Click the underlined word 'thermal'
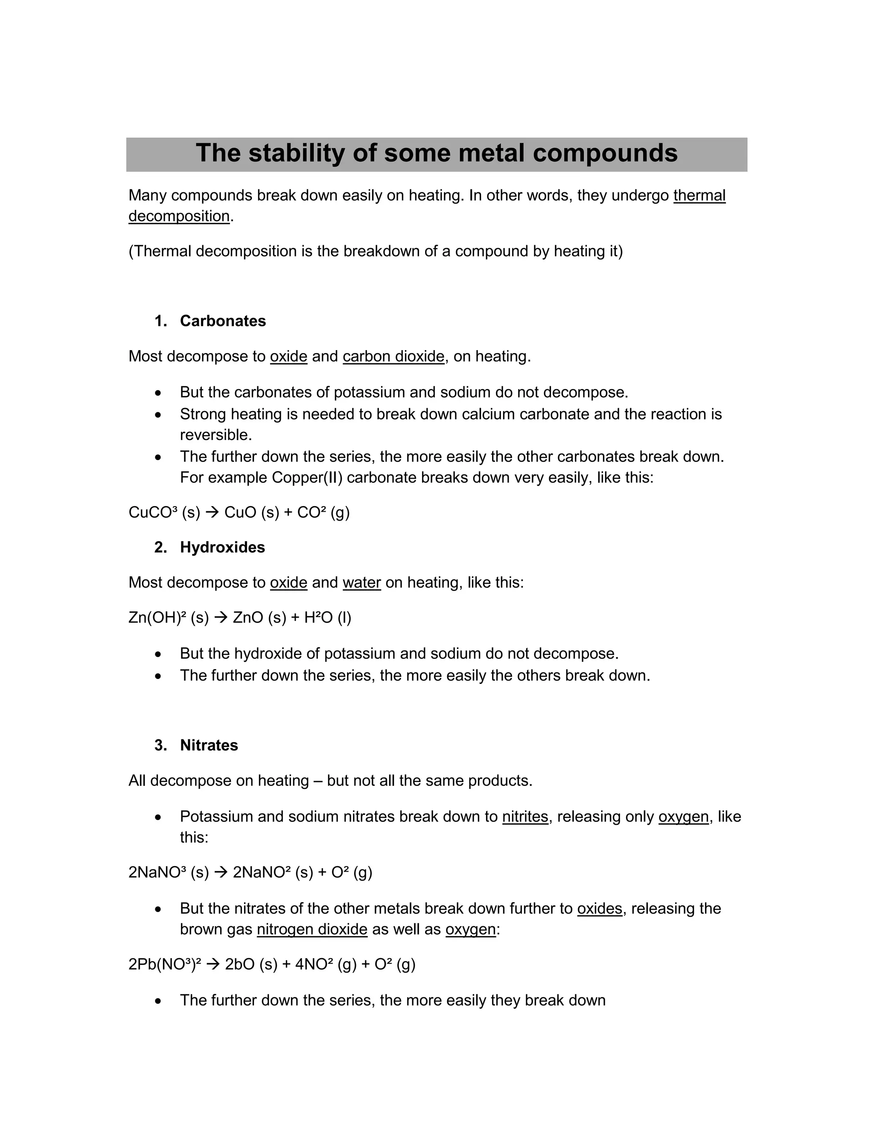pyautogui.click(x=699, y=196)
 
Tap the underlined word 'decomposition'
pyautogui.click(x=179, y=216)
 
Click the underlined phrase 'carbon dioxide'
pyautogui.click(x=393, y=356)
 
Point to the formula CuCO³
pyautogui.click(x=153, y=512)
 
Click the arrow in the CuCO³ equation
pyautogui.click(x=212, y=513)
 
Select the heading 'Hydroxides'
pyautogui.click(x=222, y=548)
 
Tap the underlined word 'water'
pyautogui.click(x=361, y=582)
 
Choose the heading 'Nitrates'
pyautogui.click(x=209, y=745)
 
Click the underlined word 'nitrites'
pyautogui.click(x=524, y=817)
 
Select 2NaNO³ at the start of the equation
pyautogui.click(x=157, y=872)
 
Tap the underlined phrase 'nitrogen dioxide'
pyautogui.click(x=312, y=929)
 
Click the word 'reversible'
pyautogui.click(x=215, y=435)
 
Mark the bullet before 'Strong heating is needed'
pyautogui.click(x=158, y=415)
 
